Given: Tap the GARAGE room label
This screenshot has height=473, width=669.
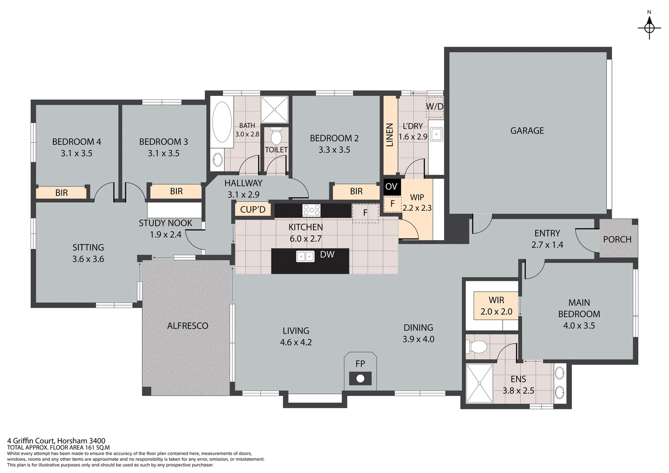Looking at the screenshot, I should coord(527,131).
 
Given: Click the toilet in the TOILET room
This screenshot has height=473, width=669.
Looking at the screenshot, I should coord(276,136).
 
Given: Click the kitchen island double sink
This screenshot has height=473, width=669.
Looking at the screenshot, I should coord(305,256).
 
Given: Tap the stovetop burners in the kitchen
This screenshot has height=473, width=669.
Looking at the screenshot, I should coord(311,210).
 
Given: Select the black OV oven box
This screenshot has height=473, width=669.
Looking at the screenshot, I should coord(391,187).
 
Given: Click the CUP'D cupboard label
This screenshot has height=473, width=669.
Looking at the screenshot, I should coord(253,209).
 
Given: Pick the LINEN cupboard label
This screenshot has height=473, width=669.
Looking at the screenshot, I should coord(390,135).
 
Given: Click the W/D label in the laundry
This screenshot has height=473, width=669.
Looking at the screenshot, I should coord(435,106).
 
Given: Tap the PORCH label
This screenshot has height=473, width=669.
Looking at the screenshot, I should coord(617,239).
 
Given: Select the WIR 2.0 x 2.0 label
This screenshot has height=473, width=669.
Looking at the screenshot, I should coord(496,306).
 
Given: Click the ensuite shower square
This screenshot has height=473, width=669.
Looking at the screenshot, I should coord(479,383).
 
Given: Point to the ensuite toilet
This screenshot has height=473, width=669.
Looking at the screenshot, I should coord(477,347).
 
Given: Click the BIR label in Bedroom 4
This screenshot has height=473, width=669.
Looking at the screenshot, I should coord(61,193).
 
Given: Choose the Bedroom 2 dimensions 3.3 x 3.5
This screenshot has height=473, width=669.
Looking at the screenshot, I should coord(334,150).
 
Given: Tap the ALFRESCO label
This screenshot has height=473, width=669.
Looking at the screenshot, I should coord(187,325).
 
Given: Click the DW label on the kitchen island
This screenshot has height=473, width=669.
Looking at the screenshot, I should coord(327,254).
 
